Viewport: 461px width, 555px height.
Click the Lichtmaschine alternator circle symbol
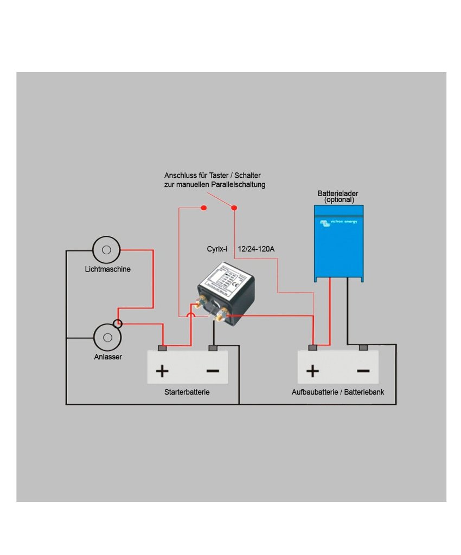tap(106, 250)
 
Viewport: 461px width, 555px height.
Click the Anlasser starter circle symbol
tap(106, 338)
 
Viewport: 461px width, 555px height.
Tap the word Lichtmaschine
tap(107, 269)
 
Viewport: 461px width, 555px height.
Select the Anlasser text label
tap(107, 357)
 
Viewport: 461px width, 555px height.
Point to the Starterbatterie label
tap(187, 392)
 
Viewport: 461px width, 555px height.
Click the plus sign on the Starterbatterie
tap(162, 371)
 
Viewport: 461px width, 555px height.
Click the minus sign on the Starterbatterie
tap(213, 371)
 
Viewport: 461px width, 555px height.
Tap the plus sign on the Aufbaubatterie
tap(312, 371)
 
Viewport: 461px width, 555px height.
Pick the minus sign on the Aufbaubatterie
tap(363, 371)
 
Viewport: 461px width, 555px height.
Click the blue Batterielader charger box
tap(338, 244)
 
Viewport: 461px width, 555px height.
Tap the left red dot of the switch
tap(203, 208)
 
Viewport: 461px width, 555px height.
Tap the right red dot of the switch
tap(234, 208)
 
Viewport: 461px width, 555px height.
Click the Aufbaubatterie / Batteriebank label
tap(338, 392)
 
